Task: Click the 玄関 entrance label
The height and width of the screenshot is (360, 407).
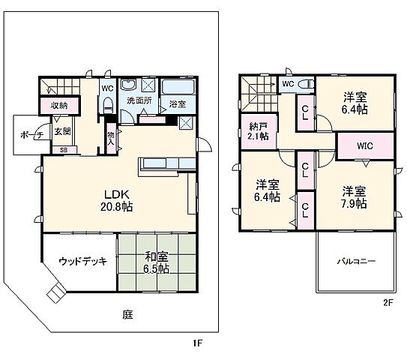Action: pos(62,131)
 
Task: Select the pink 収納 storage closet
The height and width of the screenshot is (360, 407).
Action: pos(59,106)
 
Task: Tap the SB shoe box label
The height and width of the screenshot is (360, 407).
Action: pos(63,150)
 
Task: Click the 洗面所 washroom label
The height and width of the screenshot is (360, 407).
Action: pos(138,100)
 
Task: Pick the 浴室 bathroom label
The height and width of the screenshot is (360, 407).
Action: pos(177,103)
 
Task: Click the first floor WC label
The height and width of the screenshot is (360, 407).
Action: pos(106,86)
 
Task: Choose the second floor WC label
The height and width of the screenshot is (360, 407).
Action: pos(288,84)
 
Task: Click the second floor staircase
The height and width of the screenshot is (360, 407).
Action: pos(258,94)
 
